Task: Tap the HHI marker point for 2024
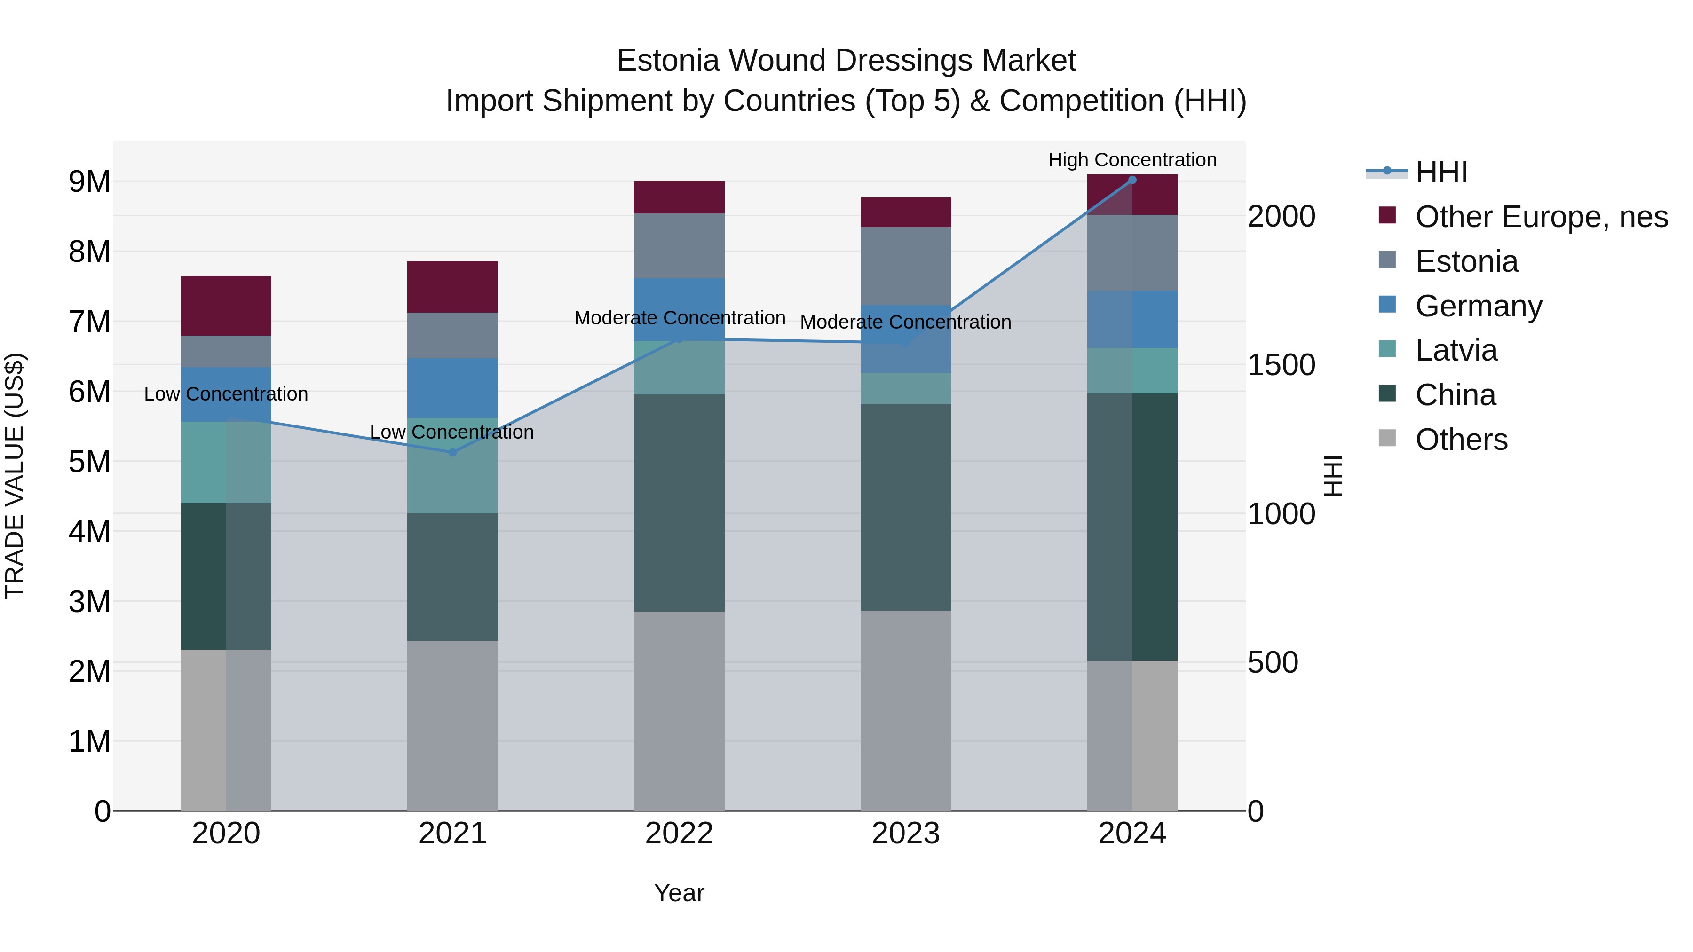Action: [1132, 180]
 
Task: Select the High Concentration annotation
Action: [1132, 160]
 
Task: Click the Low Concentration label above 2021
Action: [451, 433]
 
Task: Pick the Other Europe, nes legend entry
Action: [1541, 217]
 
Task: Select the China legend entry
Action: [1455, 395]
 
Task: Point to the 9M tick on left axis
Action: [89, 181]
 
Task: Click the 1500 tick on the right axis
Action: [1281, 365]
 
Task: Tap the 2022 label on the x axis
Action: [679, 834]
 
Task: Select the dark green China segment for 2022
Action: [679, 503]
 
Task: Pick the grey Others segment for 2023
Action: [906, 710]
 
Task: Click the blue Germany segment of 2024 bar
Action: [1132, 319]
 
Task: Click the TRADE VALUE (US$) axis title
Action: [15, 476]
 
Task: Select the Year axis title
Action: [679, 893]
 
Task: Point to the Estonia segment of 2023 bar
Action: [906, 266]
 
